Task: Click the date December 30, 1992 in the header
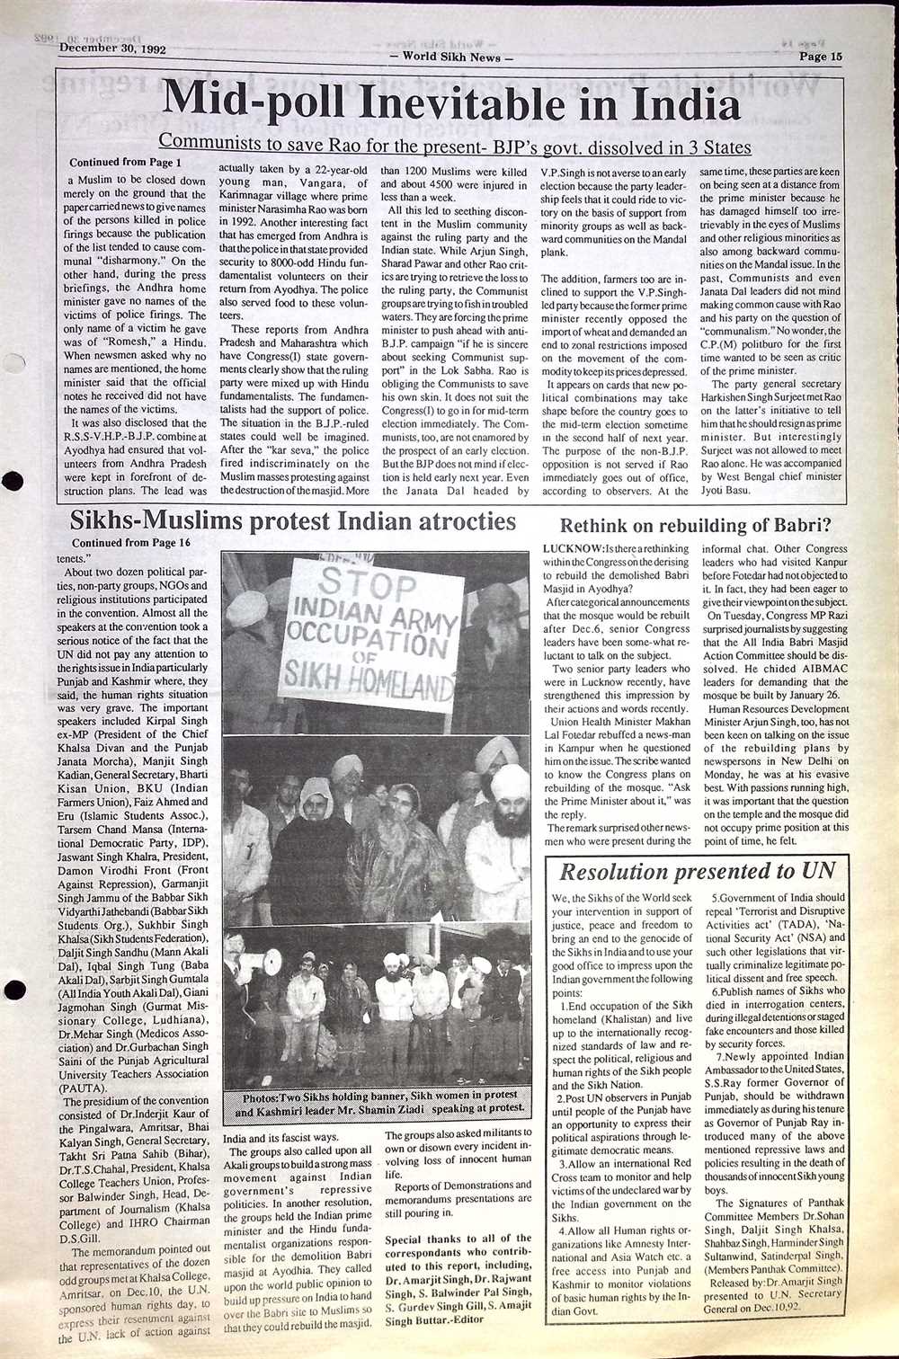[x=112, y=50]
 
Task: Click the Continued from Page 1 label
[x=125, y=163]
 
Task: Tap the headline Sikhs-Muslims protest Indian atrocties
[x=293, y=522]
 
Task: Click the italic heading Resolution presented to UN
[x=697, y=871]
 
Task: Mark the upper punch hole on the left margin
[x=13, y=481]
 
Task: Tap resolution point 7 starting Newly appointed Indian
[x=779, y=1055]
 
